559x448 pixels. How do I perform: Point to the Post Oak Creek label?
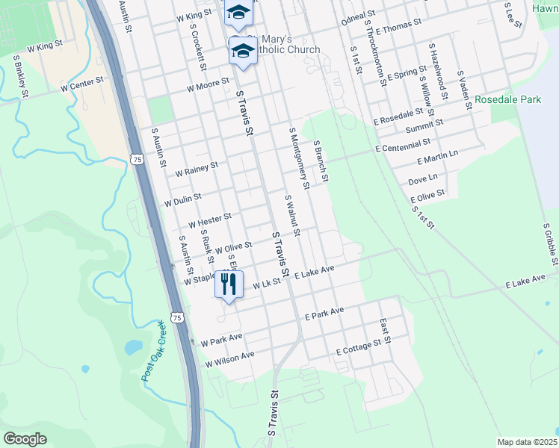152,351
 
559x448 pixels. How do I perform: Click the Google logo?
25,438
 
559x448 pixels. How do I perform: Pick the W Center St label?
81,87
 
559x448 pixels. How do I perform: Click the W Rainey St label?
196,169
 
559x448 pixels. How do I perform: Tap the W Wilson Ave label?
230,359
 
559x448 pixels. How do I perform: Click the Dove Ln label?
423,179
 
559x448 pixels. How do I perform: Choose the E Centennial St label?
404,145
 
